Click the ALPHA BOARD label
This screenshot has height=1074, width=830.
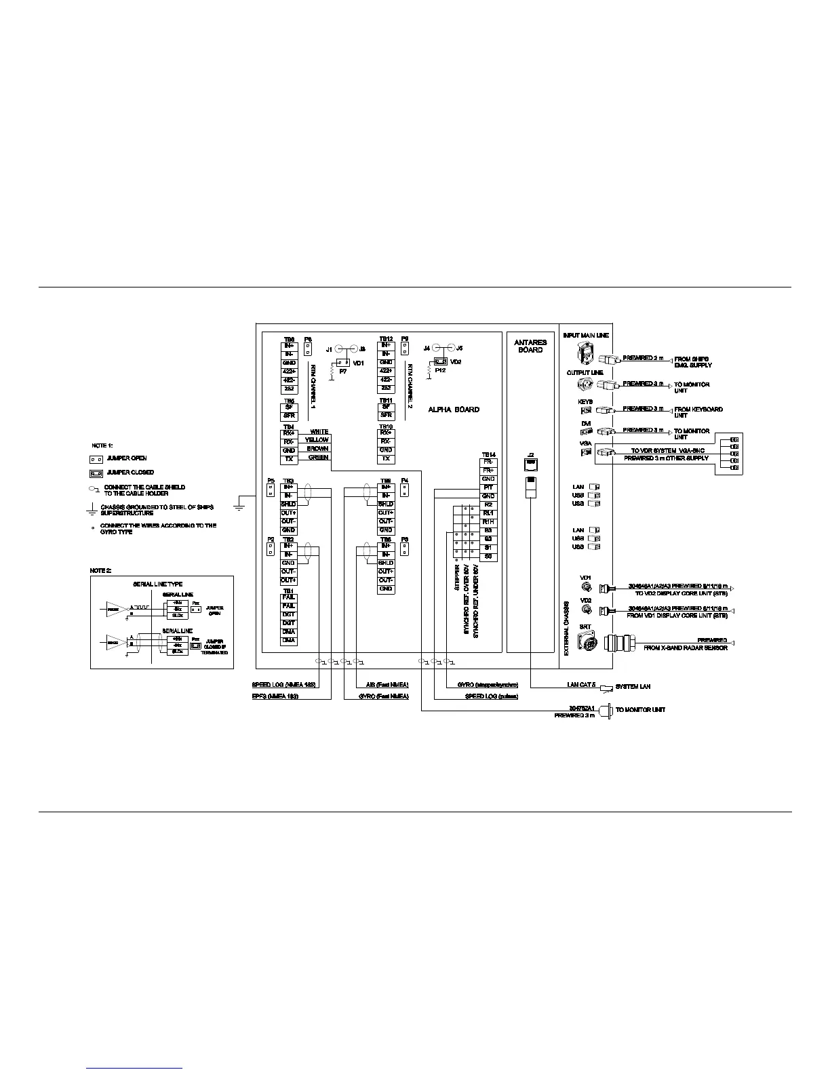(x=453, y=410)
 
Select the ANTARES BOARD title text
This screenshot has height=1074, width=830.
(x=530, y=346)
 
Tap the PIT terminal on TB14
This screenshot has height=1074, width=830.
(x=488, y=488)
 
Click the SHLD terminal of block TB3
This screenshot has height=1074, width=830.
(x=289, y=504)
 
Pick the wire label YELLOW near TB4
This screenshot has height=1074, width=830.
(x=317, y=440)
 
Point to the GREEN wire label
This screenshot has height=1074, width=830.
(x=318, y=458)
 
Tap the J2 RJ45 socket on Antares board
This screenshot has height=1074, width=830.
(x=531, y=463)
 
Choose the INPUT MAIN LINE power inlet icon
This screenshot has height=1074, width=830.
(x=585, y=352)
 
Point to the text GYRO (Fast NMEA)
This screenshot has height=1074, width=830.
(x=384, y=696)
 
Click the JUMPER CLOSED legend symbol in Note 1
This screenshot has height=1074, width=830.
(x=96, y=473)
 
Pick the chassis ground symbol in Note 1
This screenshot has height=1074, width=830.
(x=92, y=510)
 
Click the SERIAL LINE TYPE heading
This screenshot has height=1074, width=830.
(x=157, y=584)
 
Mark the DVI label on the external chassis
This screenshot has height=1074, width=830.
(x=586, y=423)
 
